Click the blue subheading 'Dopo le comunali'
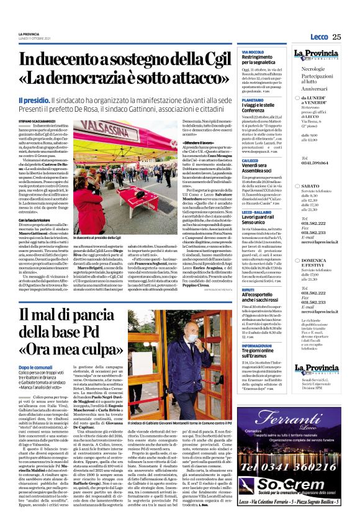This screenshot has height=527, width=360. point(35,350)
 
